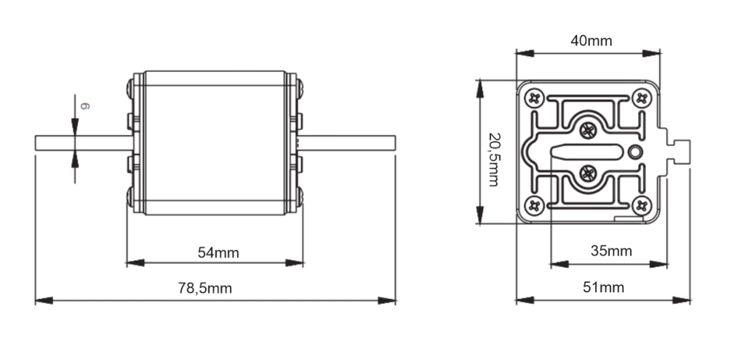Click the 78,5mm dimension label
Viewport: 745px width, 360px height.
pos(204,288)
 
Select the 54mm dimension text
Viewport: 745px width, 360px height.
pos(218,252)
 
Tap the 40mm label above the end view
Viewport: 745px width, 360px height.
pos(591,41)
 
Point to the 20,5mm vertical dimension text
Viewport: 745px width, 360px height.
pos(494,159)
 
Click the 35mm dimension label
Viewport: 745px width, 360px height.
pos(611,251)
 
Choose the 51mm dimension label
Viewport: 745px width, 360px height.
pos(603,287)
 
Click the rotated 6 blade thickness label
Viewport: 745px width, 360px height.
pos(84,106)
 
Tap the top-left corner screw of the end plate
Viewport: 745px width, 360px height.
pos(534,98)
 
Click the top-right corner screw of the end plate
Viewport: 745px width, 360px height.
pos(642,98)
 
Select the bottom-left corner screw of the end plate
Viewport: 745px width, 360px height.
pos(534,205)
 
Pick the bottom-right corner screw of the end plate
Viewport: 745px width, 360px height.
pos(642,205)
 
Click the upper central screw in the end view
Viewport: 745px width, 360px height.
pos(588,129)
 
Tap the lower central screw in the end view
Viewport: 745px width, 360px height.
pos(588,172)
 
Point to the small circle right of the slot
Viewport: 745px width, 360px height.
pos(634,152)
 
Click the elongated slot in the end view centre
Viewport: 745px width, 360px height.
pos(586,151)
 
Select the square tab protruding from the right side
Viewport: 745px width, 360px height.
pos(682,152)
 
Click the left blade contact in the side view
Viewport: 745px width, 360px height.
pos(84,143)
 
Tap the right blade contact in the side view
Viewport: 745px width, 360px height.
pos(347,143)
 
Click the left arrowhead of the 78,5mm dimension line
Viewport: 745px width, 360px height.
pos(44,300)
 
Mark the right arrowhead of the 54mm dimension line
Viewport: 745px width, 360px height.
pos(294,263)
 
